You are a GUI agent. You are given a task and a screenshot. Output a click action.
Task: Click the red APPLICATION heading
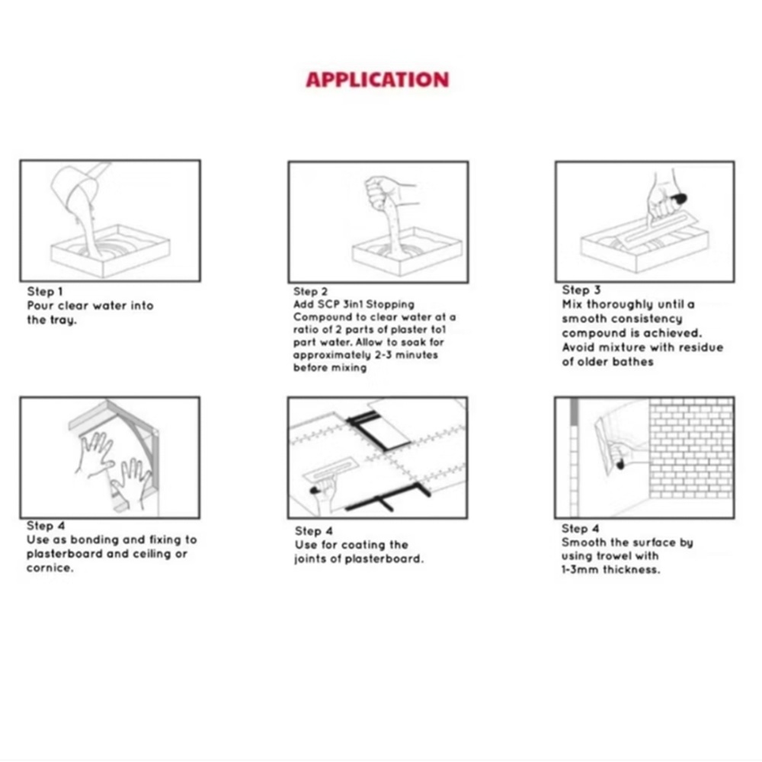coord(377,80)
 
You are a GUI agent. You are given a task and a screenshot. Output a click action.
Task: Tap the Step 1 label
coord(45,291)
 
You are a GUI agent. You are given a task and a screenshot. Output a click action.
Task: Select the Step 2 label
coord(310,291)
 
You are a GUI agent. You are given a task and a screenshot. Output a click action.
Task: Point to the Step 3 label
coord(581,290)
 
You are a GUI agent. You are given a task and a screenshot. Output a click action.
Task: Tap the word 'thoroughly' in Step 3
coord(620,304)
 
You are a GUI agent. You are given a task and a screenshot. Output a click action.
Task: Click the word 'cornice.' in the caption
coord(50,568)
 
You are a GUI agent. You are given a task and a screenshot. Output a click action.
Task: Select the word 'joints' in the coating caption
coord(312,559)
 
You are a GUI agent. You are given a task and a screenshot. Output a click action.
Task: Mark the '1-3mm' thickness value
coord(580,570)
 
